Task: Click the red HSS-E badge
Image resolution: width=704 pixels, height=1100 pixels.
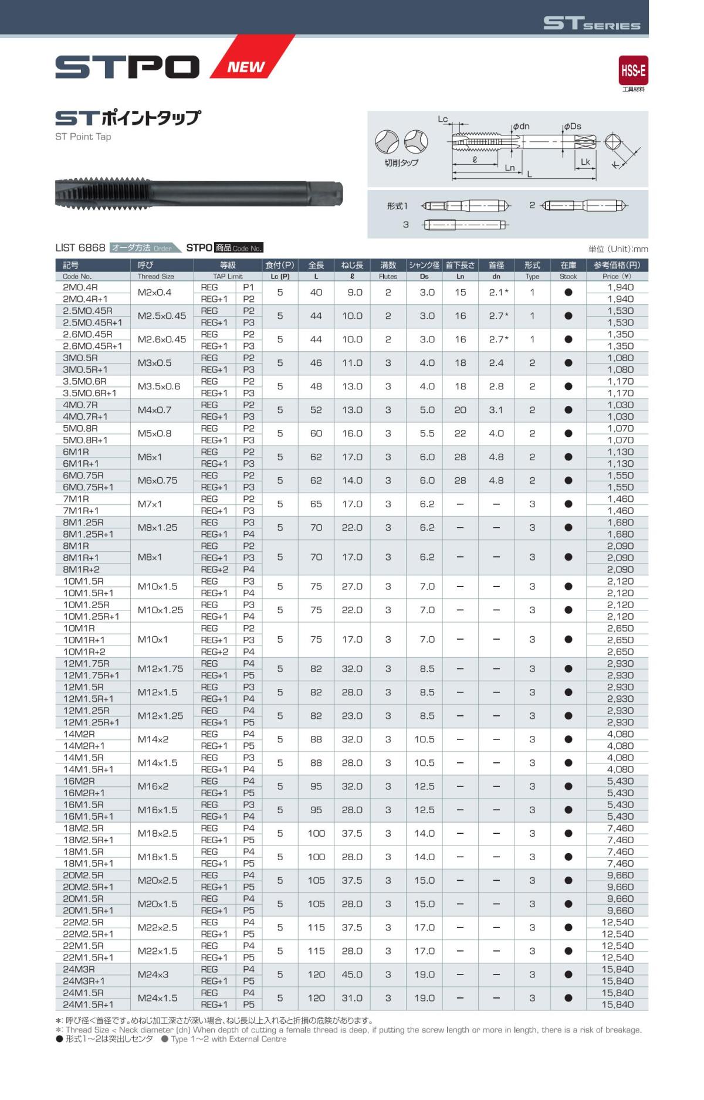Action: [x=633, y=71]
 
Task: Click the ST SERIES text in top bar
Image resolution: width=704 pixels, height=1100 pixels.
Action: [x=591, y=23]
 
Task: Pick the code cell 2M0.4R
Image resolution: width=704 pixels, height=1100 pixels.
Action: [x=80, y=287]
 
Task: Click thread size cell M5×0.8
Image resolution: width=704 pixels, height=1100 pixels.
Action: [x=155, y=434]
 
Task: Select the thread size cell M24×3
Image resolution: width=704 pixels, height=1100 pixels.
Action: [x=153, y=975]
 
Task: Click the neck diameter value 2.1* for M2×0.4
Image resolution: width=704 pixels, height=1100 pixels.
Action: [x=498, y=293]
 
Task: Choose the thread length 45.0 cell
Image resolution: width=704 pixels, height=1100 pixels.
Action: [x=352, y=975]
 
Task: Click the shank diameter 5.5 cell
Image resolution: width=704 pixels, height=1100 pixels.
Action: [x=427, y=434]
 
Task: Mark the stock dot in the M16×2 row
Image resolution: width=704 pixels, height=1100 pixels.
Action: [x=568, y=786]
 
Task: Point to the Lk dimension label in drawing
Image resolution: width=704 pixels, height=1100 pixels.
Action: [x=585, y=162]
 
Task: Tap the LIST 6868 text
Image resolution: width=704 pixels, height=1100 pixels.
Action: [x=80, y=248]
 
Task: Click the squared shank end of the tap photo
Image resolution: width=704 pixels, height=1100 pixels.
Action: [x=332, y=193]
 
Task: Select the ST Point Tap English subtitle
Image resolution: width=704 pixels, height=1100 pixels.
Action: [x=83, y=137]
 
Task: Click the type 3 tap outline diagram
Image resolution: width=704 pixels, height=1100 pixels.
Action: [x=465, y=225]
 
